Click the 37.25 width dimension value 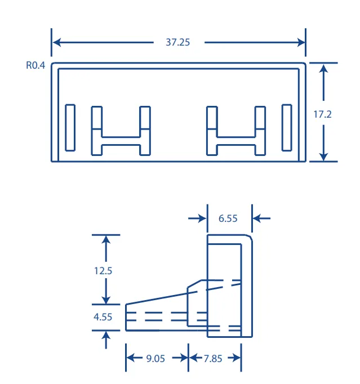[177, 42]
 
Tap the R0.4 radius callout [35, 65]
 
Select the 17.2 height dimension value [322, 114]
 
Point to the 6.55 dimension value [228, 218]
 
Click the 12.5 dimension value [103, 271]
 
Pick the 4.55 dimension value [103, 317]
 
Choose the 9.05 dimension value [155, 359]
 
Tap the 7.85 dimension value [213, 359]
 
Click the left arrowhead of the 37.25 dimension [57, 42]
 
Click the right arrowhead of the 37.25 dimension [301, 42]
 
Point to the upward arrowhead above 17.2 [323, 69]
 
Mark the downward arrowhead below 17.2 [323, 156]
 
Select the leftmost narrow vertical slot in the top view [70, 128]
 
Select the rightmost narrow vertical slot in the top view [287, 128]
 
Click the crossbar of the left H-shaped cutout [121, 141]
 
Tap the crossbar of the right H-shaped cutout [236, 141]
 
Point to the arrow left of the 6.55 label [197, 218]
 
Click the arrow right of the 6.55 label [261, 218]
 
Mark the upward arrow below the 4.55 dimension [106, 340]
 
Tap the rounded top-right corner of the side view [250, 237]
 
